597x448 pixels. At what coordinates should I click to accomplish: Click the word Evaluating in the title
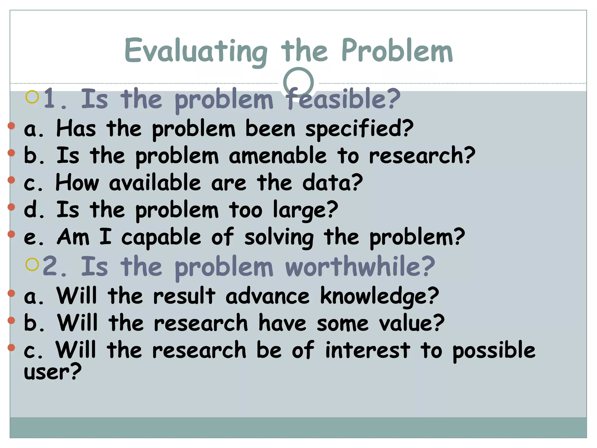[x=196, y=51]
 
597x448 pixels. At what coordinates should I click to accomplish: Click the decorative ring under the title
[x=298, y=83]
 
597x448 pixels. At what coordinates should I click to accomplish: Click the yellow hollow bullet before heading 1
[x=32, y=97]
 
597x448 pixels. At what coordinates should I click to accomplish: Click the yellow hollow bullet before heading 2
[x=32, y=265]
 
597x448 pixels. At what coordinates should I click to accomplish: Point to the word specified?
[x=359, y=129]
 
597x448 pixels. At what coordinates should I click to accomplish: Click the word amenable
[x=278, y=156]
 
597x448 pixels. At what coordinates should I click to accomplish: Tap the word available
[x=155, y=183]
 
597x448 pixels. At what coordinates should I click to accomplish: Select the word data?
[x=333, y=183]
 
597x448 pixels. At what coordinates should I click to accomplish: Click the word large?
[x=305, y=210]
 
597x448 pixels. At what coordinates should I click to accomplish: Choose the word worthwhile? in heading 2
[x=360, y=267]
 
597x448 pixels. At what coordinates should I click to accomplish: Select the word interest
[x=368, y=350]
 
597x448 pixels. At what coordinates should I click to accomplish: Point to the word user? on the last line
[x=52, y=372]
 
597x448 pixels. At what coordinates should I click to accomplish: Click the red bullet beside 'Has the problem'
[x=11, y=126]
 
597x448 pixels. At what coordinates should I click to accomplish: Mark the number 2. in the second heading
[x=55, y=267]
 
